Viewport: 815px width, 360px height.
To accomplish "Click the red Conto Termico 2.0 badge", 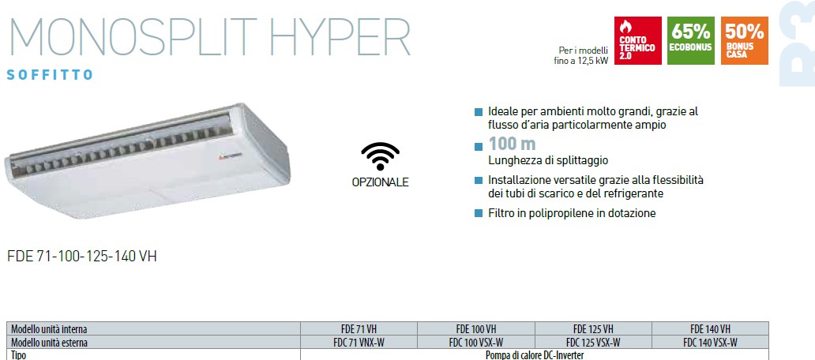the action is tap(638, 40).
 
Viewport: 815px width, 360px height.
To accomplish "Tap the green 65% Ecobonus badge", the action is tap(691, 40).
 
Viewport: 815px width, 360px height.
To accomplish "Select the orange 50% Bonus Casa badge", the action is tap(744, 40).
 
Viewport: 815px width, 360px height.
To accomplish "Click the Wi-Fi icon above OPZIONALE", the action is tap(381, 156).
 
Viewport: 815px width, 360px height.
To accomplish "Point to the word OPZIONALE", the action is tap(381, 183).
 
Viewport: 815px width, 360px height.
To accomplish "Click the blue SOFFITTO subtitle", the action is tap(50, 75).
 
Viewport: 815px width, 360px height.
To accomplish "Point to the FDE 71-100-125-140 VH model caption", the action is tap(81, 257).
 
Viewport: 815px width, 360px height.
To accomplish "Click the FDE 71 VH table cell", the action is tap(359, 329).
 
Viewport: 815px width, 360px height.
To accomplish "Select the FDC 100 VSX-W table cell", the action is tap(475, 343).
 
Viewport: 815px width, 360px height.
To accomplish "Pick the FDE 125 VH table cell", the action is tap(593, 329).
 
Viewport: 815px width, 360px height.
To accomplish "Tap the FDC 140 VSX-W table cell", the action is tap(710, 343).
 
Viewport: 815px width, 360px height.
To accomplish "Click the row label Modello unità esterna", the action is tap(50, 343).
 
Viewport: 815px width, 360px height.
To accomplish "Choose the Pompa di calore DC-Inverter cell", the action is tap(535, 355).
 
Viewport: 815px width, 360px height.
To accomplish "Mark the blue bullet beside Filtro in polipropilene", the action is tap(479, 213).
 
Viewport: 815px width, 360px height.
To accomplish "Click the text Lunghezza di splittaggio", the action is tap(548, 160).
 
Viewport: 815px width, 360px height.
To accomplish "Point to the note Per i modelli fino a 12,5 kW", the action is tap(581, 55).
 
